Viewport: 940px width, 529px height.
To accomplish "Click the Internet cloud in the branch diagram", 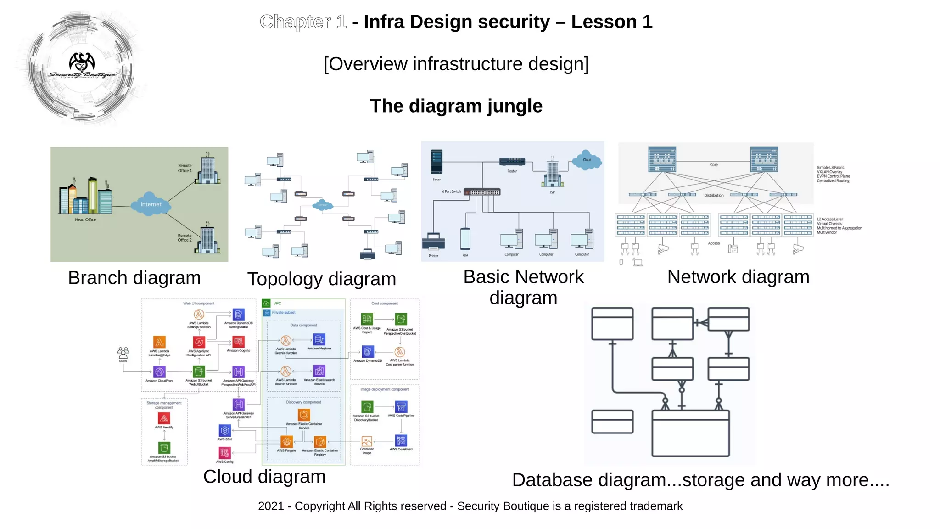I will point(151,204).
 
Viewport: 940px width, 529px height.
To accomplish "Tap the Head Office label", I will point(85,220).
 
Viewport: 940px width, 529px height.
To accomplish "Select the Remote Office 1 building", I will point(207,169).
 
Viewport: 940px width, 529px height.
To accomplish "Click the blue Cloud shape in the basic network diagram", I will point(587,160).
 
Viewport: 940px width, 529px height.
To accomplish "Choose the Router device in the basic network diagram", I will point(512,162).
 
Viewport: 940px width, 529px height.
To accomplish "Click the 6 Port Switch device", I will point(481,192).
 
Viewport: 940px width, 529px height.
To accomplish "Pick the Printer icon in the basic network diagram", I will point(433,242).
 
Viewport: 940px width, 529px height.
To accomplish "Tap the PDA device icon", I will point(465,239).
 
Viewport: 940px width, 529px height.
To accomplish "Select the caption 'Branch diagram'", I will point(134,278).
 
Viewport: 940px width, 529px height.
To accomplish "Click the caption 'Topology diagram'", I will point(321,279).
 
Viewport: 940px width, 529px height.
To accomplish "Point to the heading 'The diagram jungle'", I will point(456,106).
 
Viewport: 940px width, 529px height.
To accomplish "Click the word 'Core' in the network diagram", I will point(714,165).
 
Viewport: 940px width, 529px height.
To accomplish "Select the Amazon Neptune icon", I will point(319,340).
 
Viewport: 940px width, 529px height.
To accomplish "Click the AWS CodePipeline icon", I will point(401,407).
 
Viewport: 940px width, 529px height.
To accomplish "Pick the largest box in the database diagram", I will point(690,433).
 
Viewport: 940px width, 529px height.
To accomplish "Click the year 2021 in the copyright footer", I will point(270,506).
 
